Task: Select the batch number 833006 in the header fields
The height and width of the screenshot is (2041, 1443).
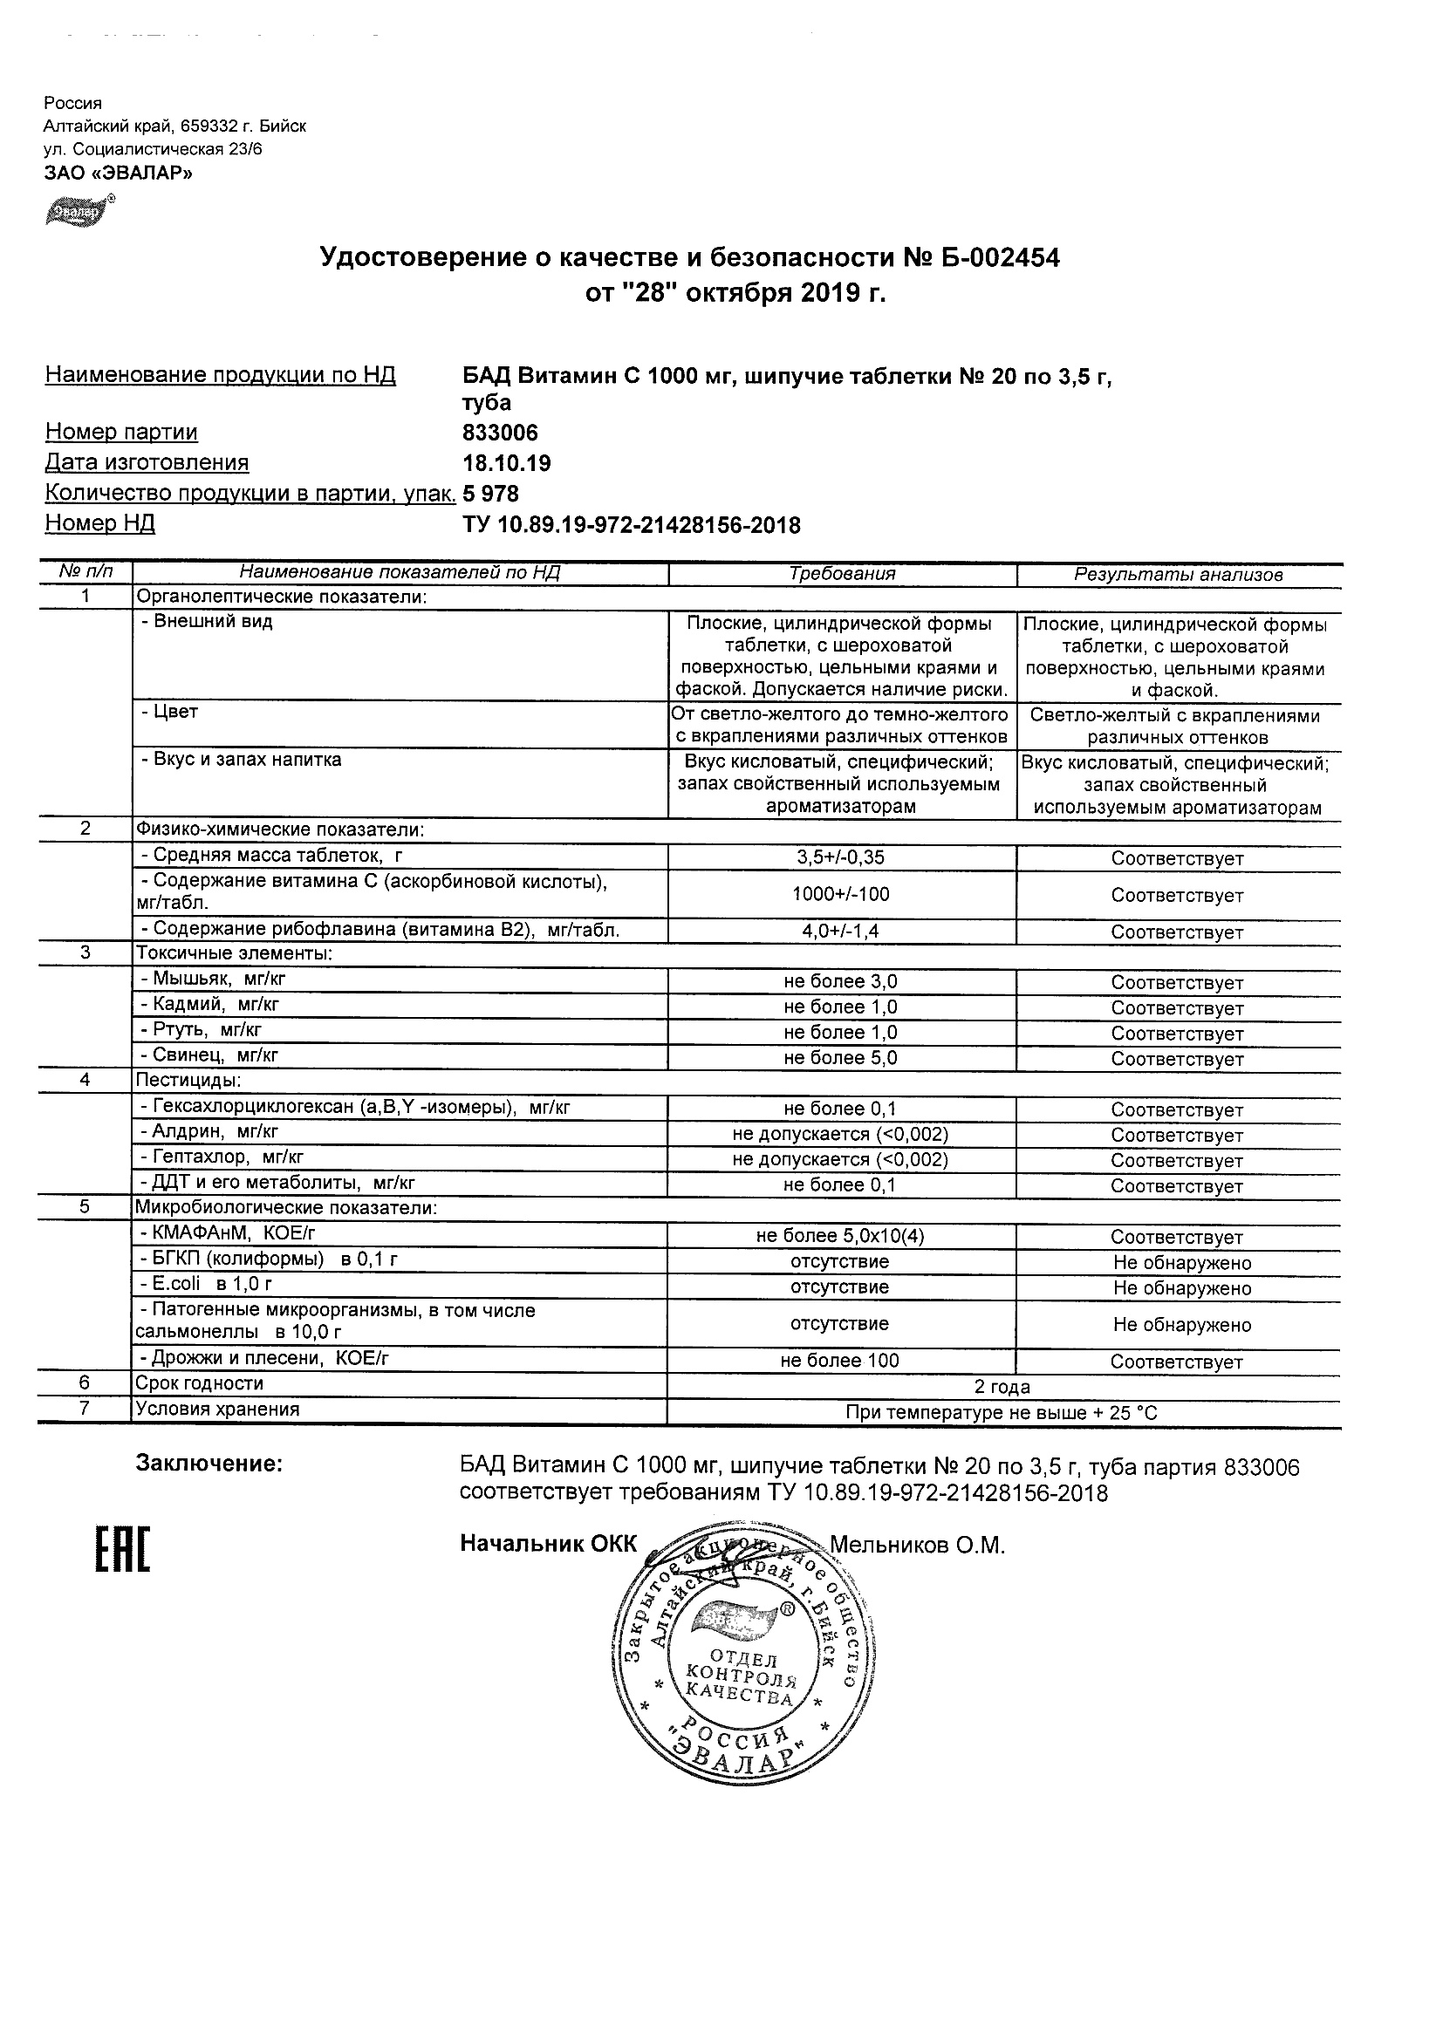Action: pos(500,433)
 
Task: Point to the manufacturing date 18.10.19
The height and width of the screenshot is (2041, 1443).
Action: pos(506,463)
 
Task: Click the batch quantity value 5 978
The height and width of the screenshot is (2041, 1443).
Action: pos(491,494)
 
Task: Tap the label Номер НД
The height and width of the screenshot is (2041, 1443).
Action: pos(99,523)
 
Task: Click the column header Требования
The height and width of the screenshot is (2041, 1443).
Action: pos(841,574)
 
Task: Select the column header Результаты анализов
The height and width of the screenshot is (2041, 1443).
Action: pos(1178,575)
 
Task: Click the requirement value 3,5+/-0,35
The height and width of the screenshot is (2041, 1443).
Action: pos(840,857)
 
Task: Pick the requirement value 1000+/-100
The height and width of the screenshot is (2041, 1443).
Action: pos(840,894)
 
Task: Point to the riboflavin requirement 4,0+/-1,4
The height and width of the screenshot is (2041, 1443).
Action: pos(840,932)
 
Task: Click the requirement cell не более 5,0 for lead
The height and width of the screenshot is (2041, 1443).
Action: pos(840,1058)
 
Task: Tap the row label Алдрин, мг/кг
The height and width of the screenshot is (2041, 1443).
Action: pos(210,1131)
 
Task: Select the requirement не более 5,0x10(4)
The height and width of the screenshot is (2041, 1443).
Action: pos(840,1236)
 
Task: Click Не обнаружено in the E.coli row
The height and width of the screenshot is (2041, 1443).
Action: pos(1181,1288)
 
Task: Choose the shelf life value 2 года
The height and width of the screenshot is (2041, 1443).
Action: pos(1002,1387)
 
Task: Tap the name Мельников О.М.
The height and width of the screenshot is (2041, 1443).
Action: pos(917,1546)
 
